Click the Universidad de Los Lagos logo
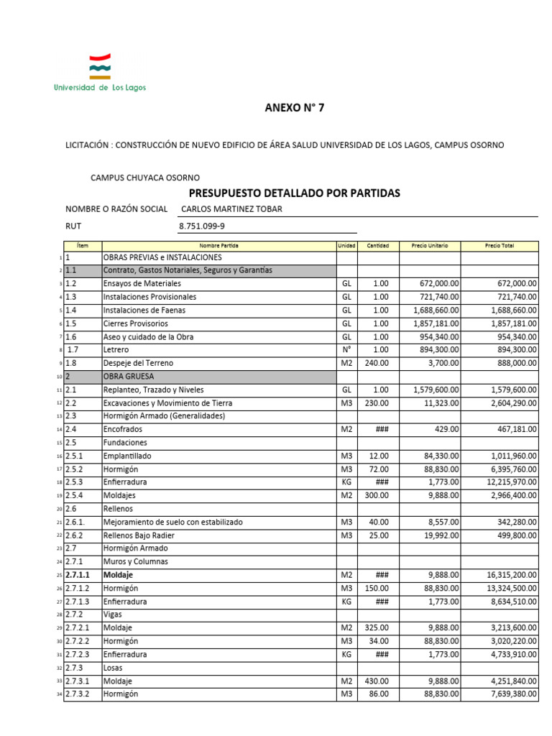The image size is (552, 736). pos(99,73)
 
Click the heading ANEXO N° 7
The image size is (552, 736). pos(294,109)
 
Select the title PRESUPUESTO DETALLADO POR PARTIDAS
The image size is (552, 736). pos(294,193)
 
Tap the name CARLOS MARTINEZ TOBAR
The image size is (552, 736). pos(231,209)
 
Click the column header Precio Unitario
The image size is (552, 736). pos(429,245)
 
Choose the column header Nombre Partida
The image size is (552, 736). pos(219,245)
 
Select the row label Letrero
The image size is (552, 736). pos(116,350)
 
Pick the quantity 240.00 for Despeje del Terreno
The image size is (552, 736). pos(378,363)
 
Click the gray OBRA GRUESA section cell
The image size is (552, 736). pos(219,376)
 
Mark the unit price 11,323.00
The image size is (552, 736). pos(439,403)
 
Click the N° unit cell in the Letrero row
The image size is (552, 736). pos(347,350)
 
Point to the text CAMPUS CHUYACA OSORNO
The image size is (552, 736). pos(144,178)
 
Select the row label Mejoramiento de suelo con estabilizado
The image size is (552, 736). pos(172,522)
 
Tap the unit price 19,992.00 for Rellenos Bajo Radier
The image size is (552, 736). pos(439,535)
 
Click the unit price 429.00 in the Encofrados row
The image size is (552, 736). pos(446,429)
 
